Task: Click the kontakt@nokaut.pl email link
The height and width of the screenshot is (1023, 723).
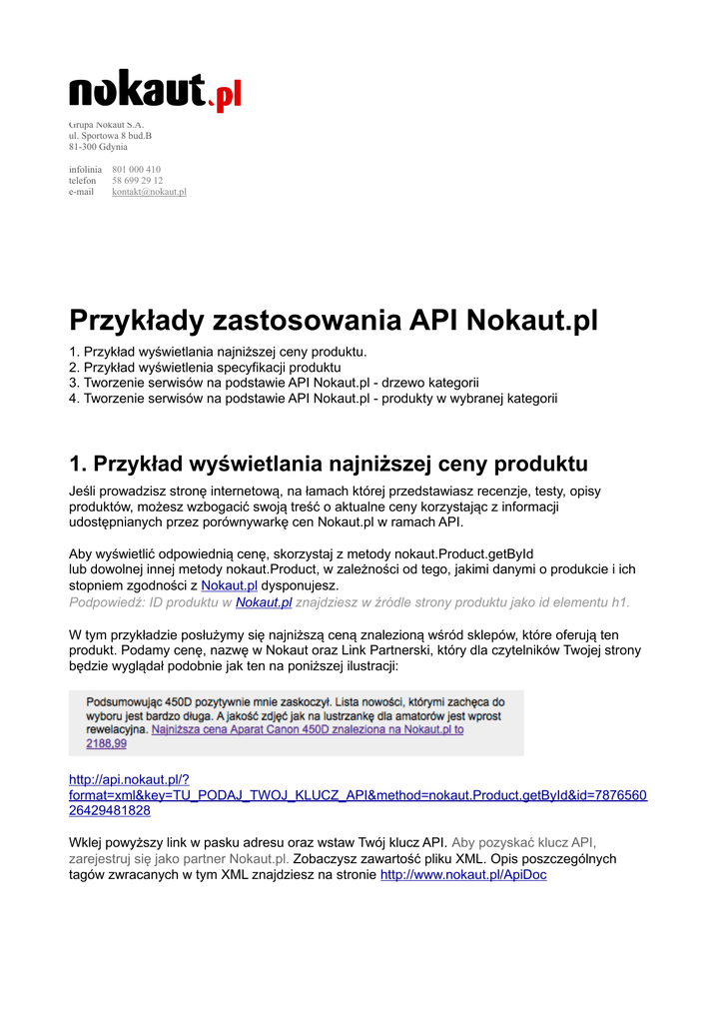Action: coord(149,192)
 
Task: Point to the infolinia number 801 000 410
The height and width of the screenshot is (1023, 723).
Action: coord(136,170)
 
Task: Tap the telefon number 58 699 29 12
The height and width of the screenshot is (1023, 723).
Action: coord(137,181)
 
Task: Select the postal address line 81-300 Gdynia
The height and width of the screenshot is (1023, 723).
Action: coord(98,146)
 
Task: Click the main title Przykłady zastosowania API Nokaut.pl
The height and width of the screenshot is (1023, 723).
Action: coord(334,321)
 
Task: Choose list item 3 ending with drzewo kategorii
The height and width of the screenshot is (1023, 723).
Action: coord(274,383)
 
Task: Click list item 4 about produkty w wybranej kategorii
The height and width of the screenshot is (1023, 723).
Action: coord(313,399)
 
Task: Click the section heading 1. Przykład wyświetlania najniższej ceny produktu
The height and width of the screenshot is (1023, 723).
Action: coord(329,464)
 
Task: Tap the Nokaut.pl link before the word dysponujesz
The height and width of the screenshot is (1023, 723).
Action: coord(230,585)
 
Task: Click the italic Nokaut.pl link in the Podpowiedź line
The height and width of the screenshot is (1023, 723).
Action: coord(264,601)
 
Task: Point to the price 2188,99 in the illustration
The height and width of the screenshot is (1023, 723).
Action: coord(107,743)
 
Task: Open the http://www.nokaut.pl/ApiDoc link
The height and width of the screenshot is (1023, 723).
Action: coord(463,875)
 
